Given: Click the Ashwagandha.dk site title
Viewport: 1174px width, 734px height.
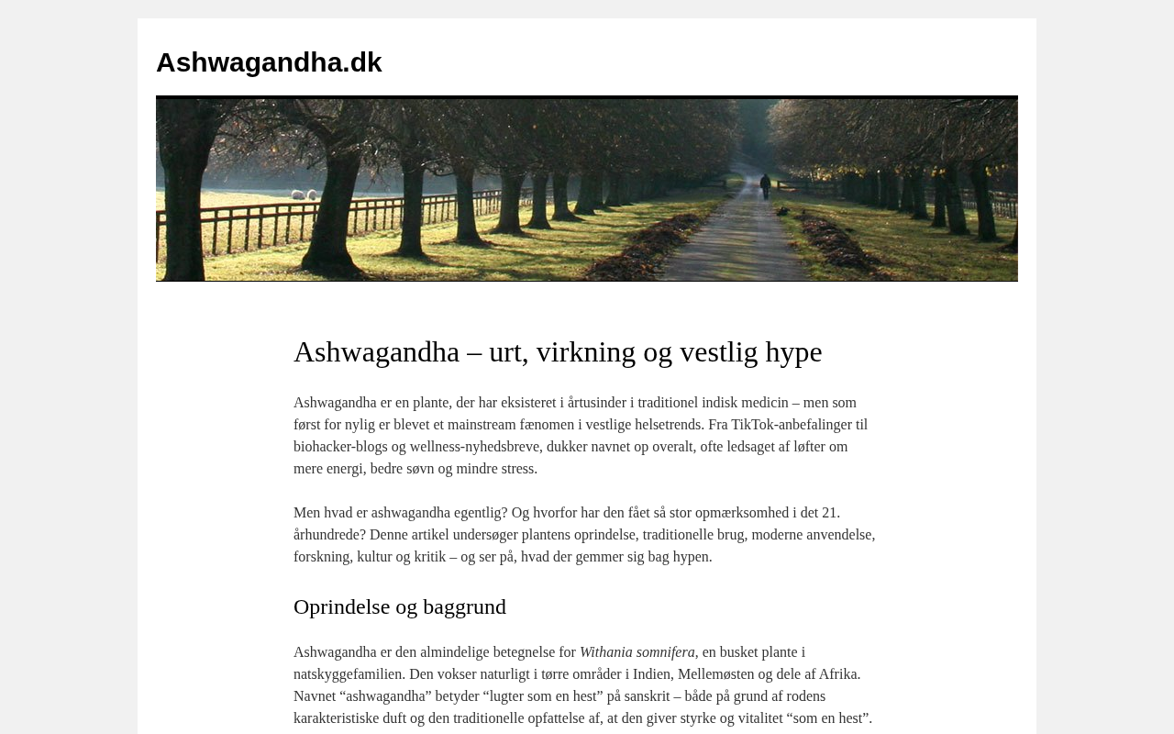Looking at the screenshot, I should (269, 62).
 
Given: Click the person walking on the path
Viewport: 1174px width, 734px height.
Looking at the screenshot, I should (765, 185).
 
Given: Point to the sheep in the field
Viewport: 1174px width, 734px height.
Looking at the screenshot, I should (304, 195).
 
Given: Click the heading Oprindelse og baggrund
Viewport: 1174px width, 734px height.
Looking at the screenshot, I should (400, 606).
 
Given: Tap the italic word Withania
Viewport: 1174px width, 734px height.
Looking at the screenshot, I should (606, 652).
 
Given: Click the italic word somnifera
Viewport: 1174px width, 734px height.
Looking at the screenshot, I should (665, 652).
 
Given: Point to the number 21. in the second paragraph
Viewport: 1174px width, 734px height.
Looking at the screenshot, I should (831, 513).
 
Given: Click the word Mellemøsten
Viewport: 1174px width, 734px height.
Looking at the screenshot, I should (716, 674).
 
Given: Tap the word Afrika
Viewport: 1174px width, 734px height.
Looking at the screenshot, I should (838, 674).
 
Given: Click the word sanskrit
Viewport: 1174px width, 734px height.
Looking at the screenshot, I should (648, 696).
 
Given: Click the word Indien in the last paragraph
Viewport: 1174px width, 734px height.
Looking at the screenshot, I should (651, 674).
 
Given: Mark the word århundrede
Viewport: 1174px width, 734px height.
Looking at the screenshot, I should (328, 535).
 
